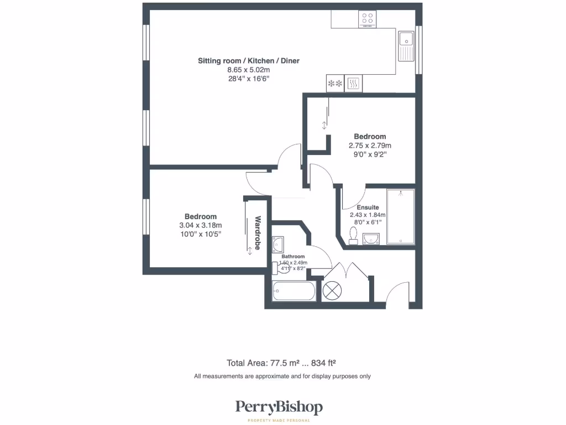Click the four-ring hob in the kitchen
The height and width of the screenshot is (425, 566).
click(x=367, y=19)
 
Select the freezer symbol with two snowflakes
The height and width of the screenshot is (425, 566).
click(x=334, y=84)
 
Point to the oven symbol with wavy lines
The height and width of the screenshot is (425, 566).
click(x=353, y=84)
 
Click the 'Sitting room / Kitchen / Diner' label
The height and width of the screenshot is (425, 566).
click(x=249, y=60)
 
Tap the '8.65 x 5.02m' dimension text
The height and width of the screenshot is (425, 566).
click(x=249, y=70)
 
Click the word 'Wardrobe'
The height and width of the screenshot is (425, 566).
click(x=258, y=233)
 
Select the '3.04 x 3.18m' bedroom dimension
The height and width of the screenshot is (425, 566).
click(x=200, y=225)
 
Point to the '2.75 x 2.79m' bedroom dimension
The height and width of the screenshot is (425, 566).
click(x=370, y=146)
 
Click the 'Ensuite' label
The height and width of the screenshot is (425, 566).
click(x=368, y=208)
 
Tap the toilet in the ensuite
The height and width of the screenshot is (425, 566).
click(x=354, y=235)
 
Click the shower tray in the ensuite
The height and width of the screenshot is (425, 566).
click(x=400, y=216)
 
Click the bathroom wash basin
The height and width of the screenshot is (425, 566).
click(x=277, y=244)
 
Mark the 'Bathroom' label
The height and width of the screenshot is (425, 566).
click(x=293, y=256)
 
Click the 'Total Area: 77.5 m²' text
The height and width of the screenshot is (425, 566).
click(x=263, y=363)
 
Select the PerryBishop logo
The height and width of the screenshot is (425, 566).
click(x=279, y=408)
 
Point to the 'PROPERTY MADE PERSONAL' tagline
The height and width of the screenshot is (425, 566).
click(x=279, y=421)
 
